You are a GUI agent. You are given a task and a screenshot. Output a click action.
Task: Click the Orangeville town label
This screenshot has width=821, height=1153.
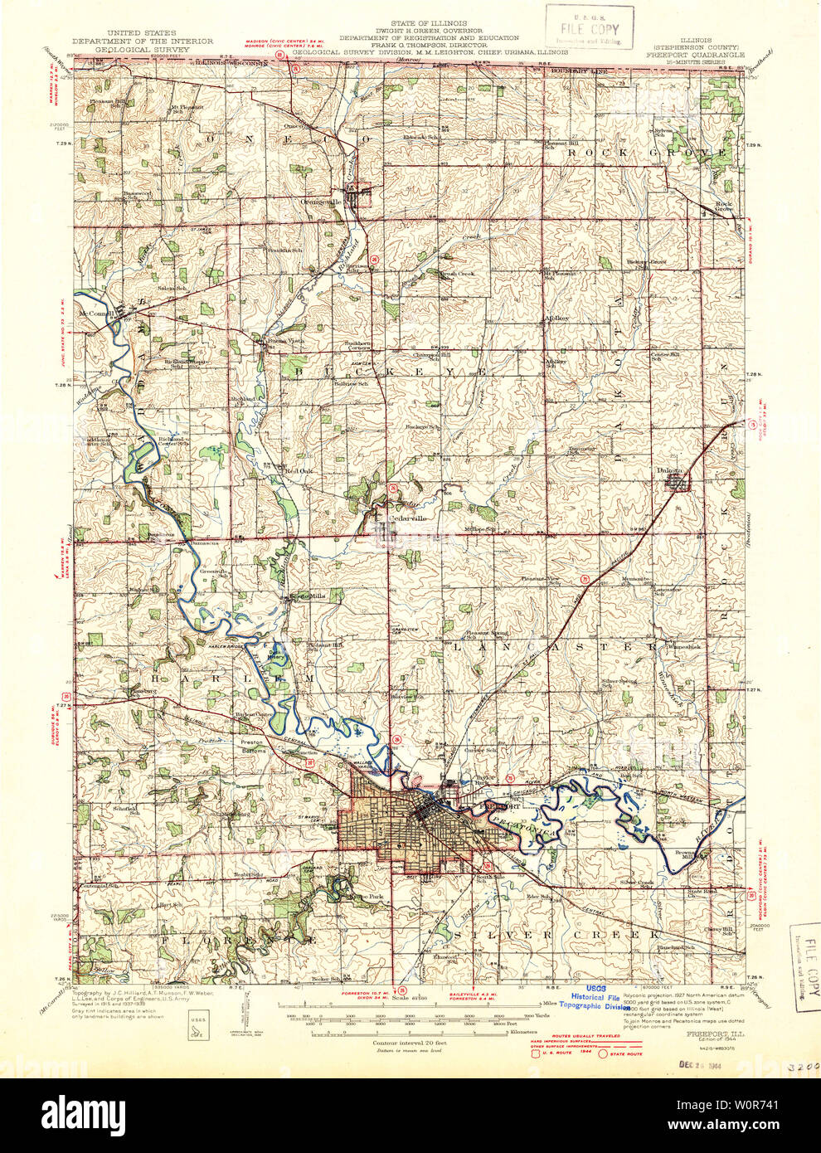click(320, 201)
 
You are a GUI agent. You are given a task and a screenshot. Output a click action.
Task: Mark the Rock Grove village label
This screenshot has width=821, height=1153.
click(724, 207)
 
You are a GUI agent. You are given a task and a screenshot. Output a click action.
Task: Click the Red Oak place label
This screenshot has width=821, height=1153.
click(299, 470)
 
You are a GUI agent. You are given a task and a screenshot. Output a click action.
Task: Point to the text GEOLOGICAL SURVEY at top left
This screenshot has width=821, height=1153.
click(142, 50)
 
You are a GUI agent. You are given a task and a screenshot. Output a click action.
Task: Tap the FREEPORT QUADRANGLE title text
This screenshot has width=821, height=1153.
click(695, 55)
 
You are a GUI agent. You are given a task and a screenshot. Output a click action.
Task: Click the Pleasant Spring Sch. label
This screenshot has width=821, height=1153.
click(486, 633)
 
